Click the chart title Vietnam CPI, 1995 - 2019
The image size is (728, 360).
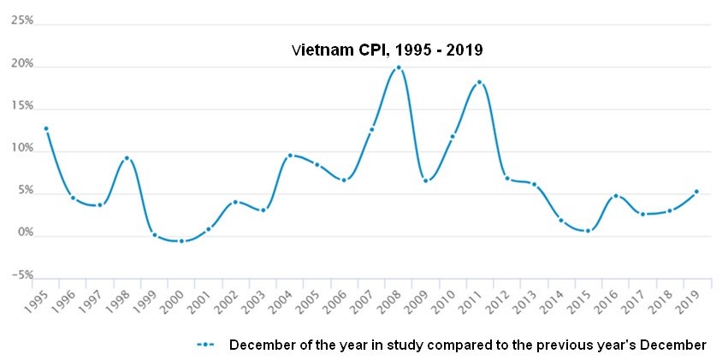(x=388, y=50)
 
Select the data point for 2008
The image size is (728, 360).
(x=399, y=68)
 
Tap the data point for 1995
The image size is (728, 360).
(x=45, y=129)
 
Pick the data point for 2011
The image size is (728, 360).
(x=480, y=82)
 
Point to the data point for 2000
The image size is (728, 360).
(x=181, y=241)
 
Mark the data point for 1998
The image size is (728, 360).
(x=127, y=158)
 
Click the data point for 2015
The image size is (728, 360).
(x=588, y=231)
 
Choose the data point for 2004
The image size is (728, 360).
(x=290, y=156)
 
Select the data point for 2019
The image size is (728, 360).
(x=696, y=192)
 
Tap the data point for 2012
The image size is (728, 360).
(x=507, y=178)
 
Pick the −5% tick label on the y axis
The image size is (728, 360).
(x=22, y=275)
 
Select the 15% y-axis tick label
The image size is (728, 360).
(x=22, y=106)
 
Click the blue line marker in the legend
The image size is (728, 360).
(x=204, y=345)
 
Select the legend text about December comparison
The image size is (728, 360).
(x=467, y=345)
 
